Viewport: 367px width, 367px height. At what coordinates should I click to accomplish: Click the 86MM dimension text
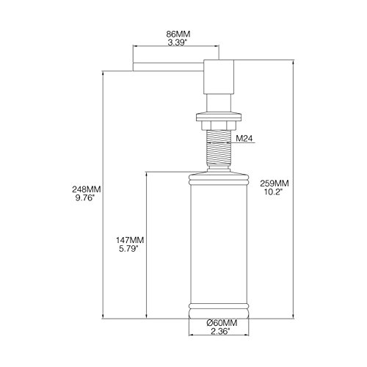pyautogui.click(x=178, y=34)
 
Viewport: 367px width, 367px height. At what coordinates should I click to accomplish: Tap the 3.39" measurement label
pyautogui.click(x=177, y=43)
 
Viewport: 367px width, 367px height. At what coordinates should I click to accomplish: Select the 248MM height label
pyautogui.click(x=87, y=189)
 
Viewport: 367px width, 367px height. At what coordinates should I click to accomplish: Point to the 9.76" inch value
pyautogui.click(x=84, y=197)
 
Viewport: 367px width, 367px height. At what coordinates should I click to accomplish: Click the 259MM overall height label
pyautogui.click(x=275, y=183)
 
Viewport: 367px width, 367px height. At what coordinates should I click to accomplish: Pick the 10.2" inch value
pyautogui.click(x=273, y=192)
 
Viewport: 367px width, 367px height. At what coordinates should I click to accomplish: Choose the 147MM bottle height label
pyautogui.click(x=130, y=240)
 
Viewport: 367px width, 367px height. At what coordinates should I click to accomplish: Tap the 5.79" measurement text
pyautogui.click(x=128, y=249)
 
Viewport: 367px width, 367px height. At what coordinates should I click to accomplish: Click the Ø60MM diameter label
pyautogui.click(x=222, y=323)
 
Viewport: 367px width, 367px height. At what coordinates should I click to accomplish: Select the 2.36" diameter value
pyautogui.click(x=220, y=332)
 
